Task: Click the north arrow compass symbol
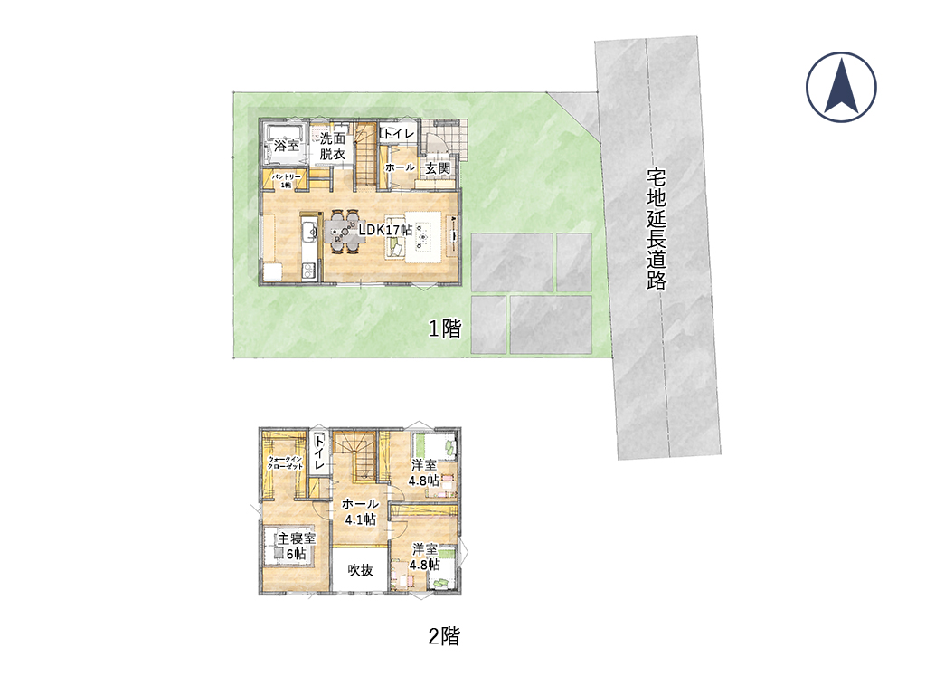tap(841, 87)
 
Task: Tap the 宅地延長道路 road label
tap(657, 229)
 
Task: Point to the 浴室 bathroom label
tap(287, 146)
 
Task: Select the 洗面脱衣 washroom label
tap(333, 146)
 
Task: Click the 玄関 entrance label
tap(438, 167)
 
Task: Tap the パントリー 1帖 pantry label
tap(286, 181)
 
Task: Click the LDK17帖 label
tap(385, 230)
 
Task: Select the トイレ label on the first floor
tap(400, 134)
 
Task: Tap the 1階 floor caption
tap(444, 328)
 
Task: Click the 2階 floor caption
tap(443, 636)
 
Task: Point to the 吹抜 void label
tap(360, 570)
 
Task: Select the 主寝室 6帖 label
tap(297, 546)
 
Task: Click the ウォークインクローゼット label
tap(285, 462)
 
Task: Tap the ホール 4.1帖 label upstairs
tap(360, 512)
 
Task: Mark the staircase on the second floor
tap(354, 457)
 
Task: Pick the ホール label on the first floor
tap(400, 167)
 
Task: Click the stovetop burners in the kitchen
tap(309, 271)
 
